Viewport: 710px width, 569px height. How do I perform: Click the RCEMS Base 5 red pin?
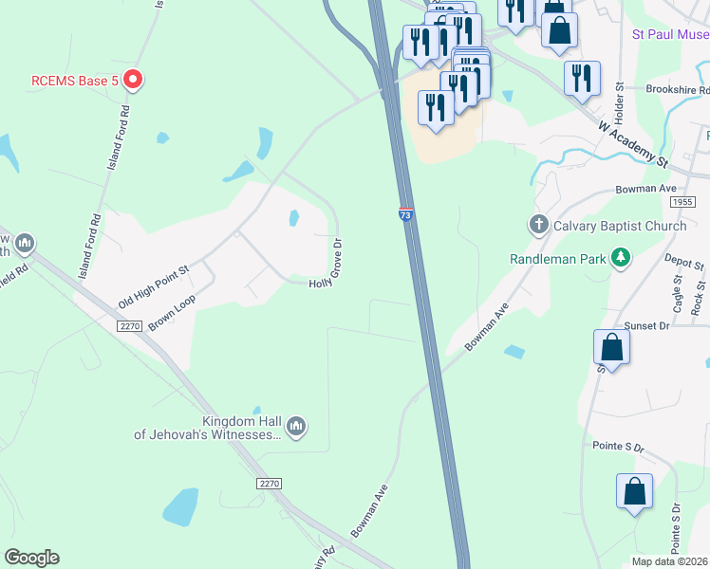coord(133,81)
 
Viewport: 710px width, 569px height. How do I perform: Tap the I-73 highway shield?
coord(406,215)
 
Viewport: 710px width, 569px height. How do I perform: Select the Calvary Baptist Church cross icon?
coord(538,226)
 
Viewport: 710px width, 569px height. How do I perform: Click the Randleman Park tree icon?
coord(621,257)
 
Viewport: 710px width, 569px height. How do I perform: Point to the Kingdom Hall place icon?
coord(296,428)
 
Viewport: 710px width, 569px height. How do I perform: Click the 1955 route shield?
coord(682,202)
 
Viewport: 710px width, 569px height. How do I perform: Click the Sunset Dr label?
coord(650,324)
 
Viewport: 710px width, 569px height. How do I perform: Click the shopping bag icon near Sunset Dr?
coord(612,348)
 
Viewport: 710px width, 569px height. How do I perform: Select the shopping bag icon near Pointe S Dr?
coord(634,493)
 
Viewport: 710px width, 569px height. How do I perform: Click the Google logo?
coord(31,558)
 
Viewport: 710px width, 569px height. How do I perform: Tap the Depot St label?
coord(682,261)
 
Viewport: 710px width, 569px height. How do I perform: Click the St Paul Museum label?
coord(670,35)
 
